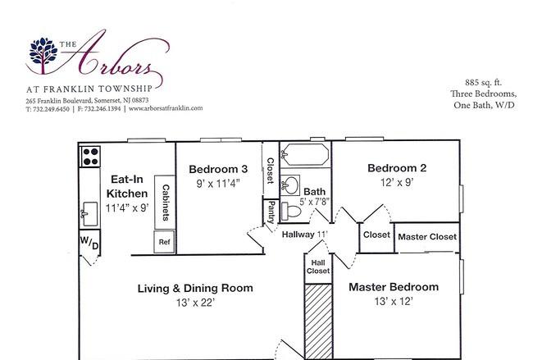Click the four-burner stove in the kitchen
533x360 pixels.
(x=90, y=157)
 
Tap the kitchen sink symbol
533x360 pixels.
(x=89, y=214)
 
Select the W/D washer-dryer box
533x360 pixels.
(x=89, y=243)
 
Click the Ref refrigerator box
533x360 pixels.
(x=164, y=242)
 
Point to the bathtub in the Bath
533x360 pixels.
(x=306, y=155)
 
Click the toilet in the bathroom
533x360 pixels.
(x=291, y=212)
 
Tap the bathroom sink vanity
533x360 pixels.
(x=290, y=185)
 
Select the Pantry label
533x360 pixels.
(x=271, y=212)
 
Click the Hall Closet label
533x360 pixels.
(x=318, y=267)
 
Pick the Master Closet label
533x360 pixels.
(x=427, y=237)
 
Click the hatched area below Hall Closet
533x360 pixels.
(x=318, y=321)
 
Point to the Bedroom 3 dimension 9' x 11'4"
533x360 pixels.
(x=218, y=184)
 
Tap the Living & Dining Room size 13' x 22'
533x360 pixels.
(x=195, y=303)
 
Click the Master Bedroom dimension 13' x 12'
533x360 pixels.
(x=394, y=302)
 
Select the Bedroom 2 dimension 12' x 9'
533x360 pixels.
(x=397, y=183)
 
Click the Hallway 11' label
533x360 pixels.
(x=304, y=235)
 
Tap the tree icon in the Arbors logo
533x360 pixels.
(x=43, y=55)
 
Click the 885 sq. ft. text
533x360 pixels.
(x=483, y=83)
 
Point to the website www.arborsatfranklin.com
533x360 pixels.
(x=166, y=108)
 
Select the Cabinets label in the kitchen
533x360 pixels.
(x=166, y=203)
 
